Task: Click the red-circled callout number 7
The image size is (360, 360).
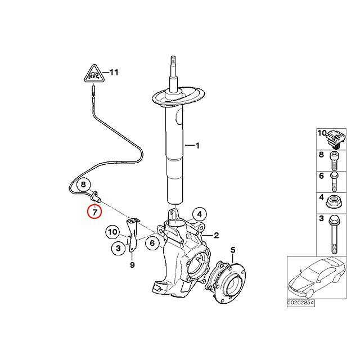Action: coord(94,212)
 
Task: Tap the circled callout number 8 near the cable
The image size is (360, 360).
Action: coord(83,184)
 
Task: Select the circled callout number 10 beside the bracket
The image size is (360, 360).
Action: coord(112,231)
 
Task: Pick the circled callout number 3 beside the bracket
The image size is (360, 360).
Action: coord(118,247)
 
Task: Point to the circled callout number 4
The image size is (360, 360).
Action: coord(198,214)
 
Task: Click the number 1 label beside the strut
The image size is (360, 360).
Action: coord(197,146)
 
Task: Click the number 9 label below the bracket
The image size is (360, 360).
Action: coord(132,264)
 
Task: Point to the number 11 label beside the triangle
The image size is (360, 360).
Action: coord(114,73)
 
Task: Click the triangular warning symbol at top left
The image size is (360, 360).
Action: coord(94,74)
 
